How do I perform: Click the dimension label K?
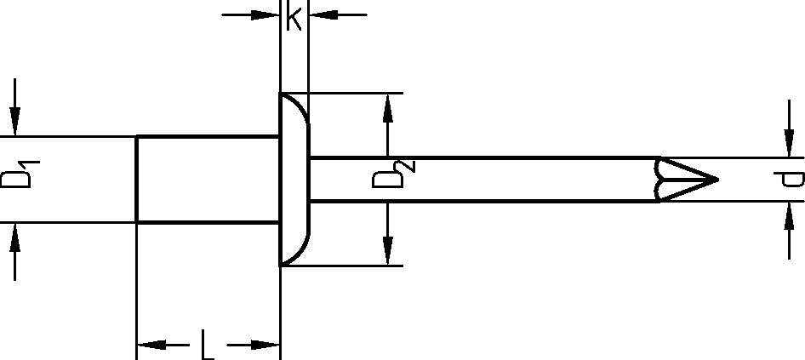pyautogui.click(x=294, y=17)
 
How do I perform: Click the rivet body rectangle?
pyautogui.click(x=208, y=179)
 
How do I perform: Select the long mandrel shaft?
pyautogui.click(x=485, y=179)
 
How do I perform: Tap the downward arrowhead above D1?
pyautogui.click(x=14, y=123)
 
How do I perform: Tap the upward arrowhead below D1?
pyautogui.click(x=14, y=236)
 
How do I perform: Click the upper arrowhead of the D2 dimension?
pyautogui.click(x=388, y=106)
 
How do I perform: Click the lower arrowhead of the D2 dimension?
pyautogui.click(x=388, y=252)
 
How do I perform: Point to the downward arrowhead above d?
pyautogui.click(x=788, y=145)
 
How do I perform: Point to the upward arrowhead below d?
pyautogui.click(x=788, y=214)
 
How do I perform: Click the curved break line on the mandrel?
pyautogui.click(x=659, y=179)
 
